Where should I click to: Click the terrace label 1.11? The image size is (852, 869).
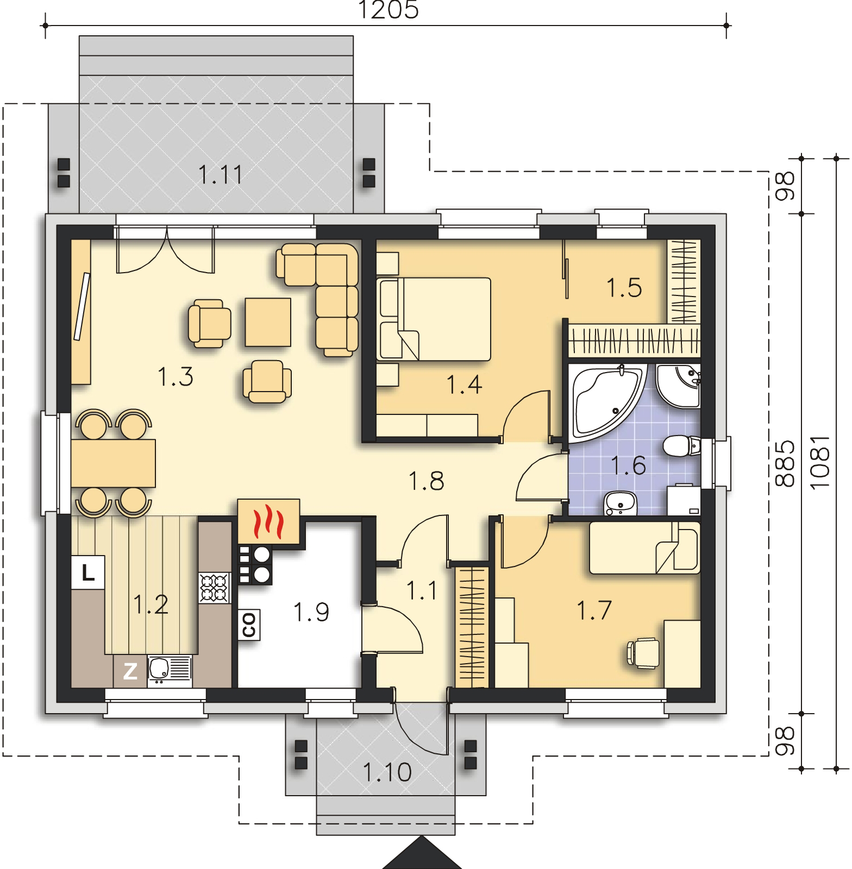[220, 175]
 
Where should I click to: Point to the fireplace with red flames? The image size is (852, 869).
[268, 520]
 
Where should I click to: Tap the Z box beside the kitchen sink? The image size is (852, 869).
[130, 672]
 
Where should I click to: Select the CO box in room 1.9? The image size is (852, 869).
[249, 625]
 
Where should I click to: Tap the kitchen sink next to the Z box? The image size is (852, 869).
[169, 671]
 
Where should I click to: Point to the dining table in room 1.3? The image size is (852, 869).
[113, 463]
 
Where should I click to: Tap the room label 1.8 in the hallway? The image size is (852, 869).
[426, 481]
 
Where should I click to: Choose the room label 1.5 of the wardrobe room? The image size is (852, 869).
[624, 287]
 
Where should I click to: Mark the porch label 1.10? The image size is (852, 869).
[386, 772]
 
